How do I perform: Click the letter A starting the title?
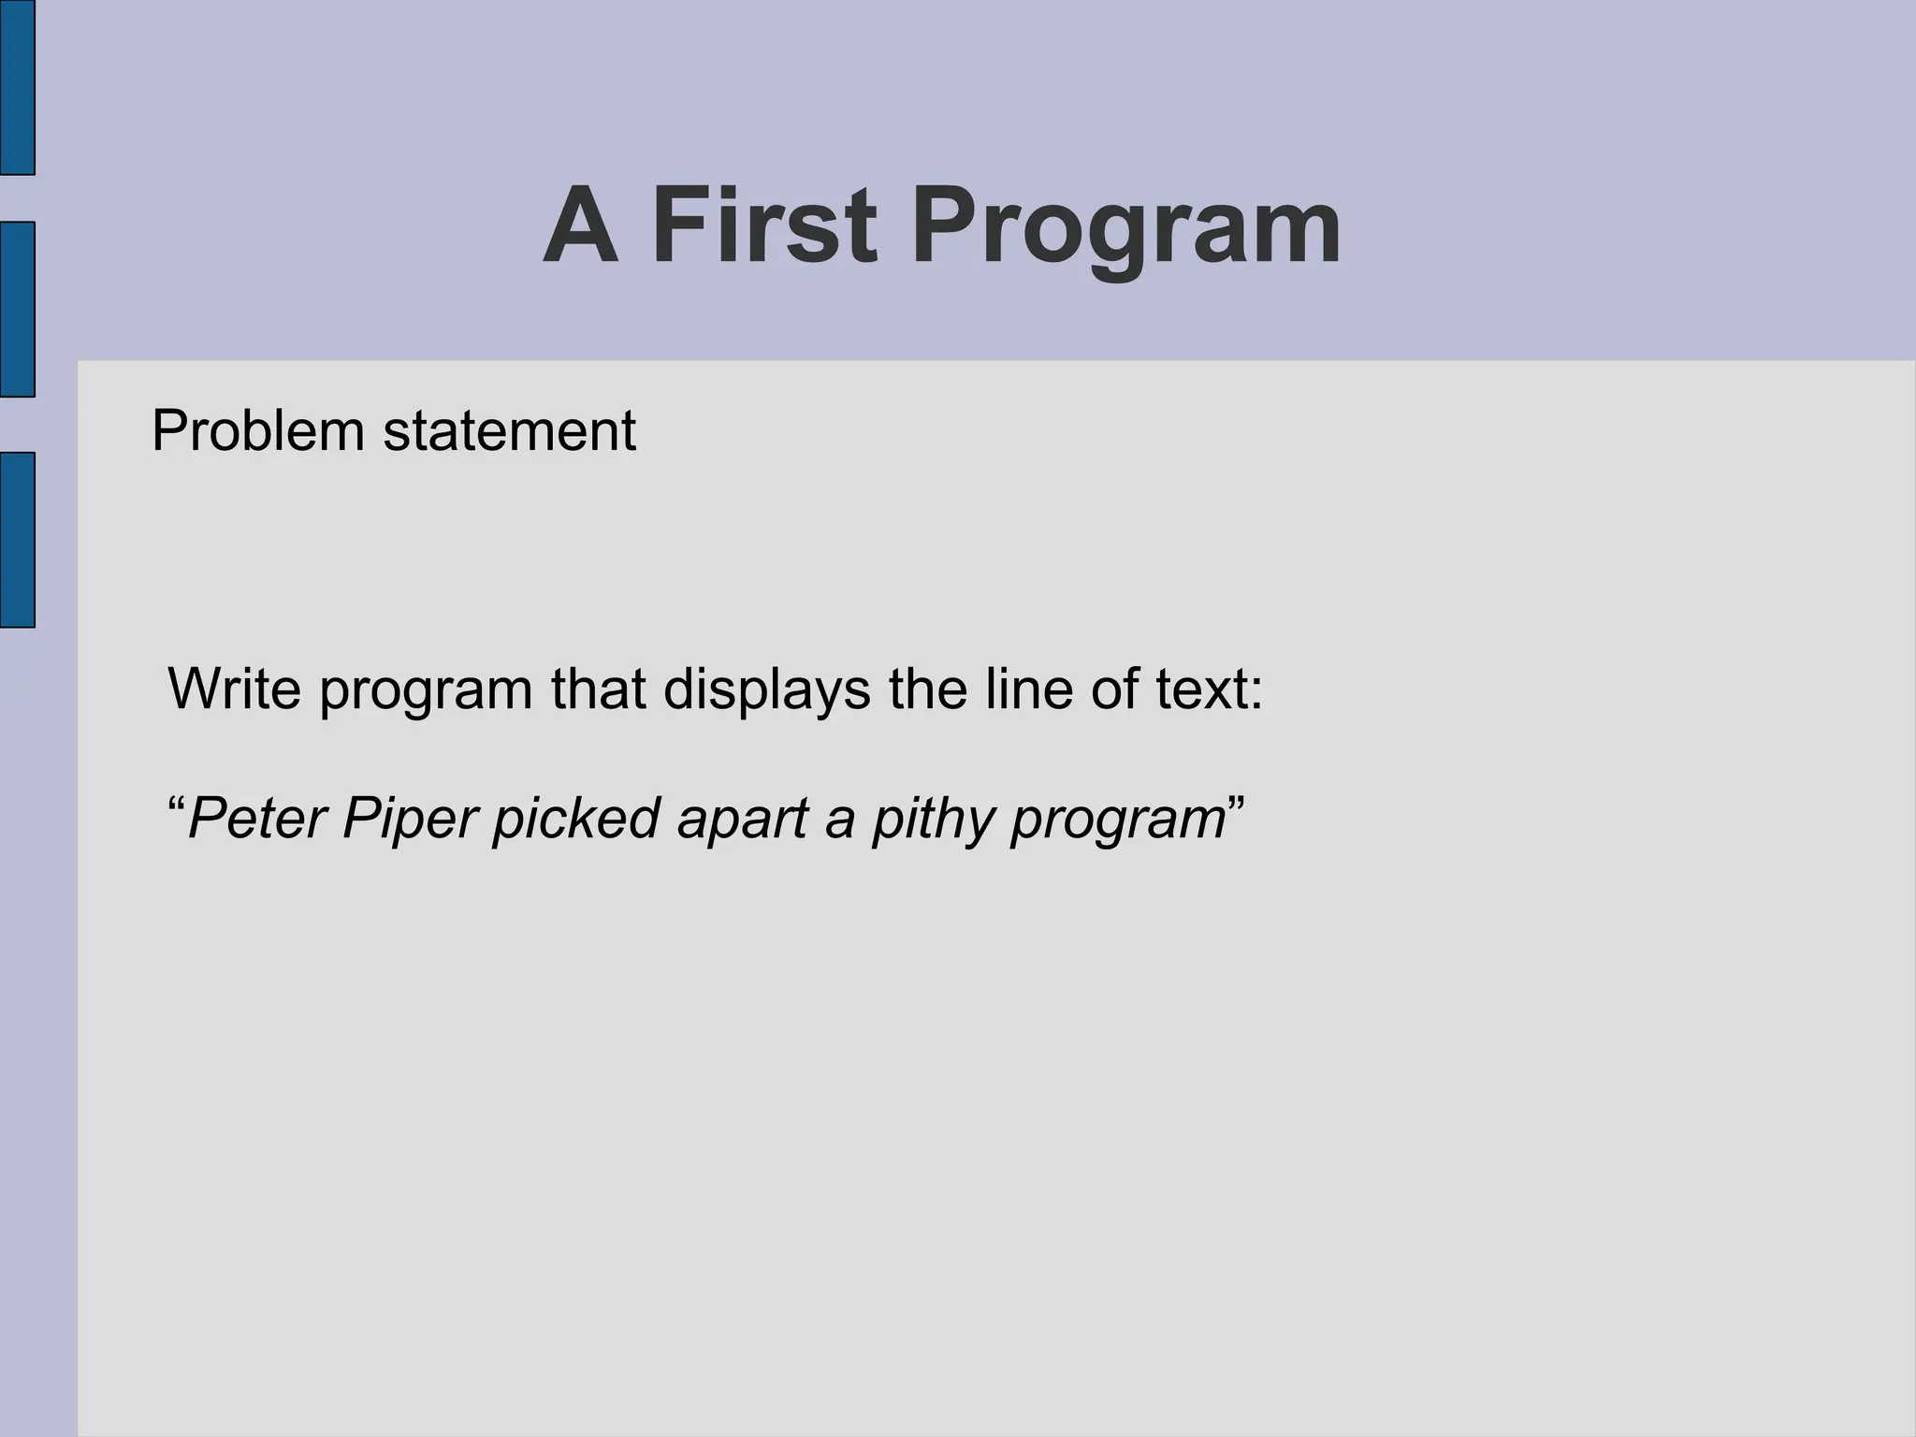(581, 226)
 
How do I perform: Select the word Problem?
(257, 431)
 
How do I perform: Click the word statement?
(510, 431)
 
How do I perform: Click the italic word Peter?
(257, 819)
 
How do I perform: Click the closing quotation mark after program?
(1235, 803)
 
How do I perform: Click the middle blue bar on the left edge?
(17, 309)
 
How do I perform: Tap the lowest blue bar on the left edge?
(17, 539)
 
